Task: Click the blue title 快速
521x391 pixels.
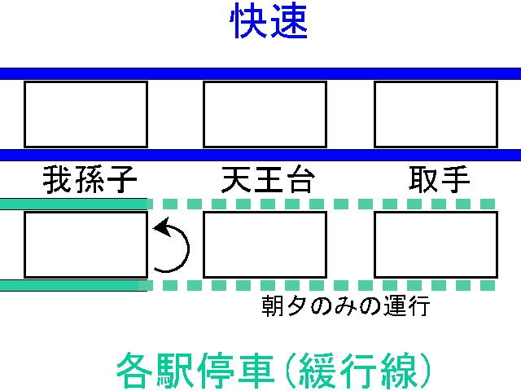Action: click(x=269, y=23)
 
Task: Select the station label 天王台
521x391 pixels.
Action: click(x=267, y=179)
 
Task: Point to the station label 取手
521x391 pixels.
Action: click(x=439, y=179)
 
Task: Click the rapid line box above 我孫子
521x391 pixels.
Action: click(x=85, y=114)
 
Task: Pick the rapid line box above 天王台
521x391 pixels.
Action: click(x=265, y=114)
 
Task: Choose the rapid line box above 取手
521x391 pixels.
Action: click(x=436, y=114)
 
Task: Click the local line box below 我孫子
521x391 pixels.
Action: click(x=85, y=244)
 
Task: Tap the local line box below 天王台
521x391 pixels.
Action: click(x=265, y=244)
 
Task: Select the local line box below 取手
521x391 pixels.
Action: click(x=436, y=244)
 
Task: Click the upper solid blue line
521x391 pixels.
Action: click(x=260, y=73)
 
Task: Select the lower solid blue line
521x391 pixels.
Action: click(x=260, y=155)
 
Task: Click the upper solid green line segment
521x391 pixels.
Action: click(x=73, y=204)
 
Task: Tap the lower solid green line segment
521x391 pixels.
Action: click(x=73, y=285)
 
